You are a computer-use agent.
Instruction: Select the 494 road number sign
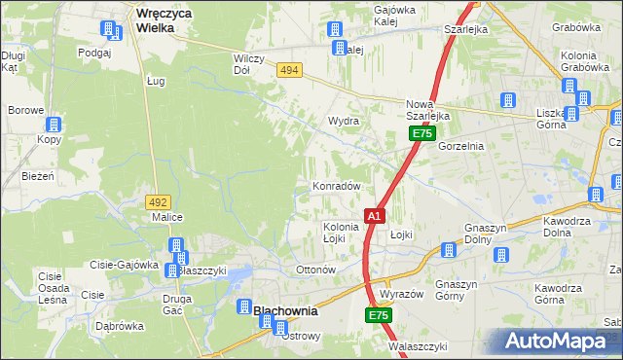288,70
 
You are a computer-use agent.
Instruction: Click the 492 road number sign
158,201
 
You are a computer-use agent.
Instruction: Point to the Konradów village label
337,186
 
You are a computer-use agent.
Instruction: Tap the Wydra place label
344,122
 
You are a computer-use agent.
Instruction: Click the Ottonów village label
314,269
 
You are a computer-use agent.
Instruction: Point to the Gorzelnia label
461,146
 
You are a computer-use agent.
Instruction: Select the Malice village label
168,218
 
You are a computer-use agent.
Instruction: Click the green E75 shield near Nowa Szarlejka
421,133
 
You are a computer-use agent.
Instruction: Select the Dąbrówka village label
119,327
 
